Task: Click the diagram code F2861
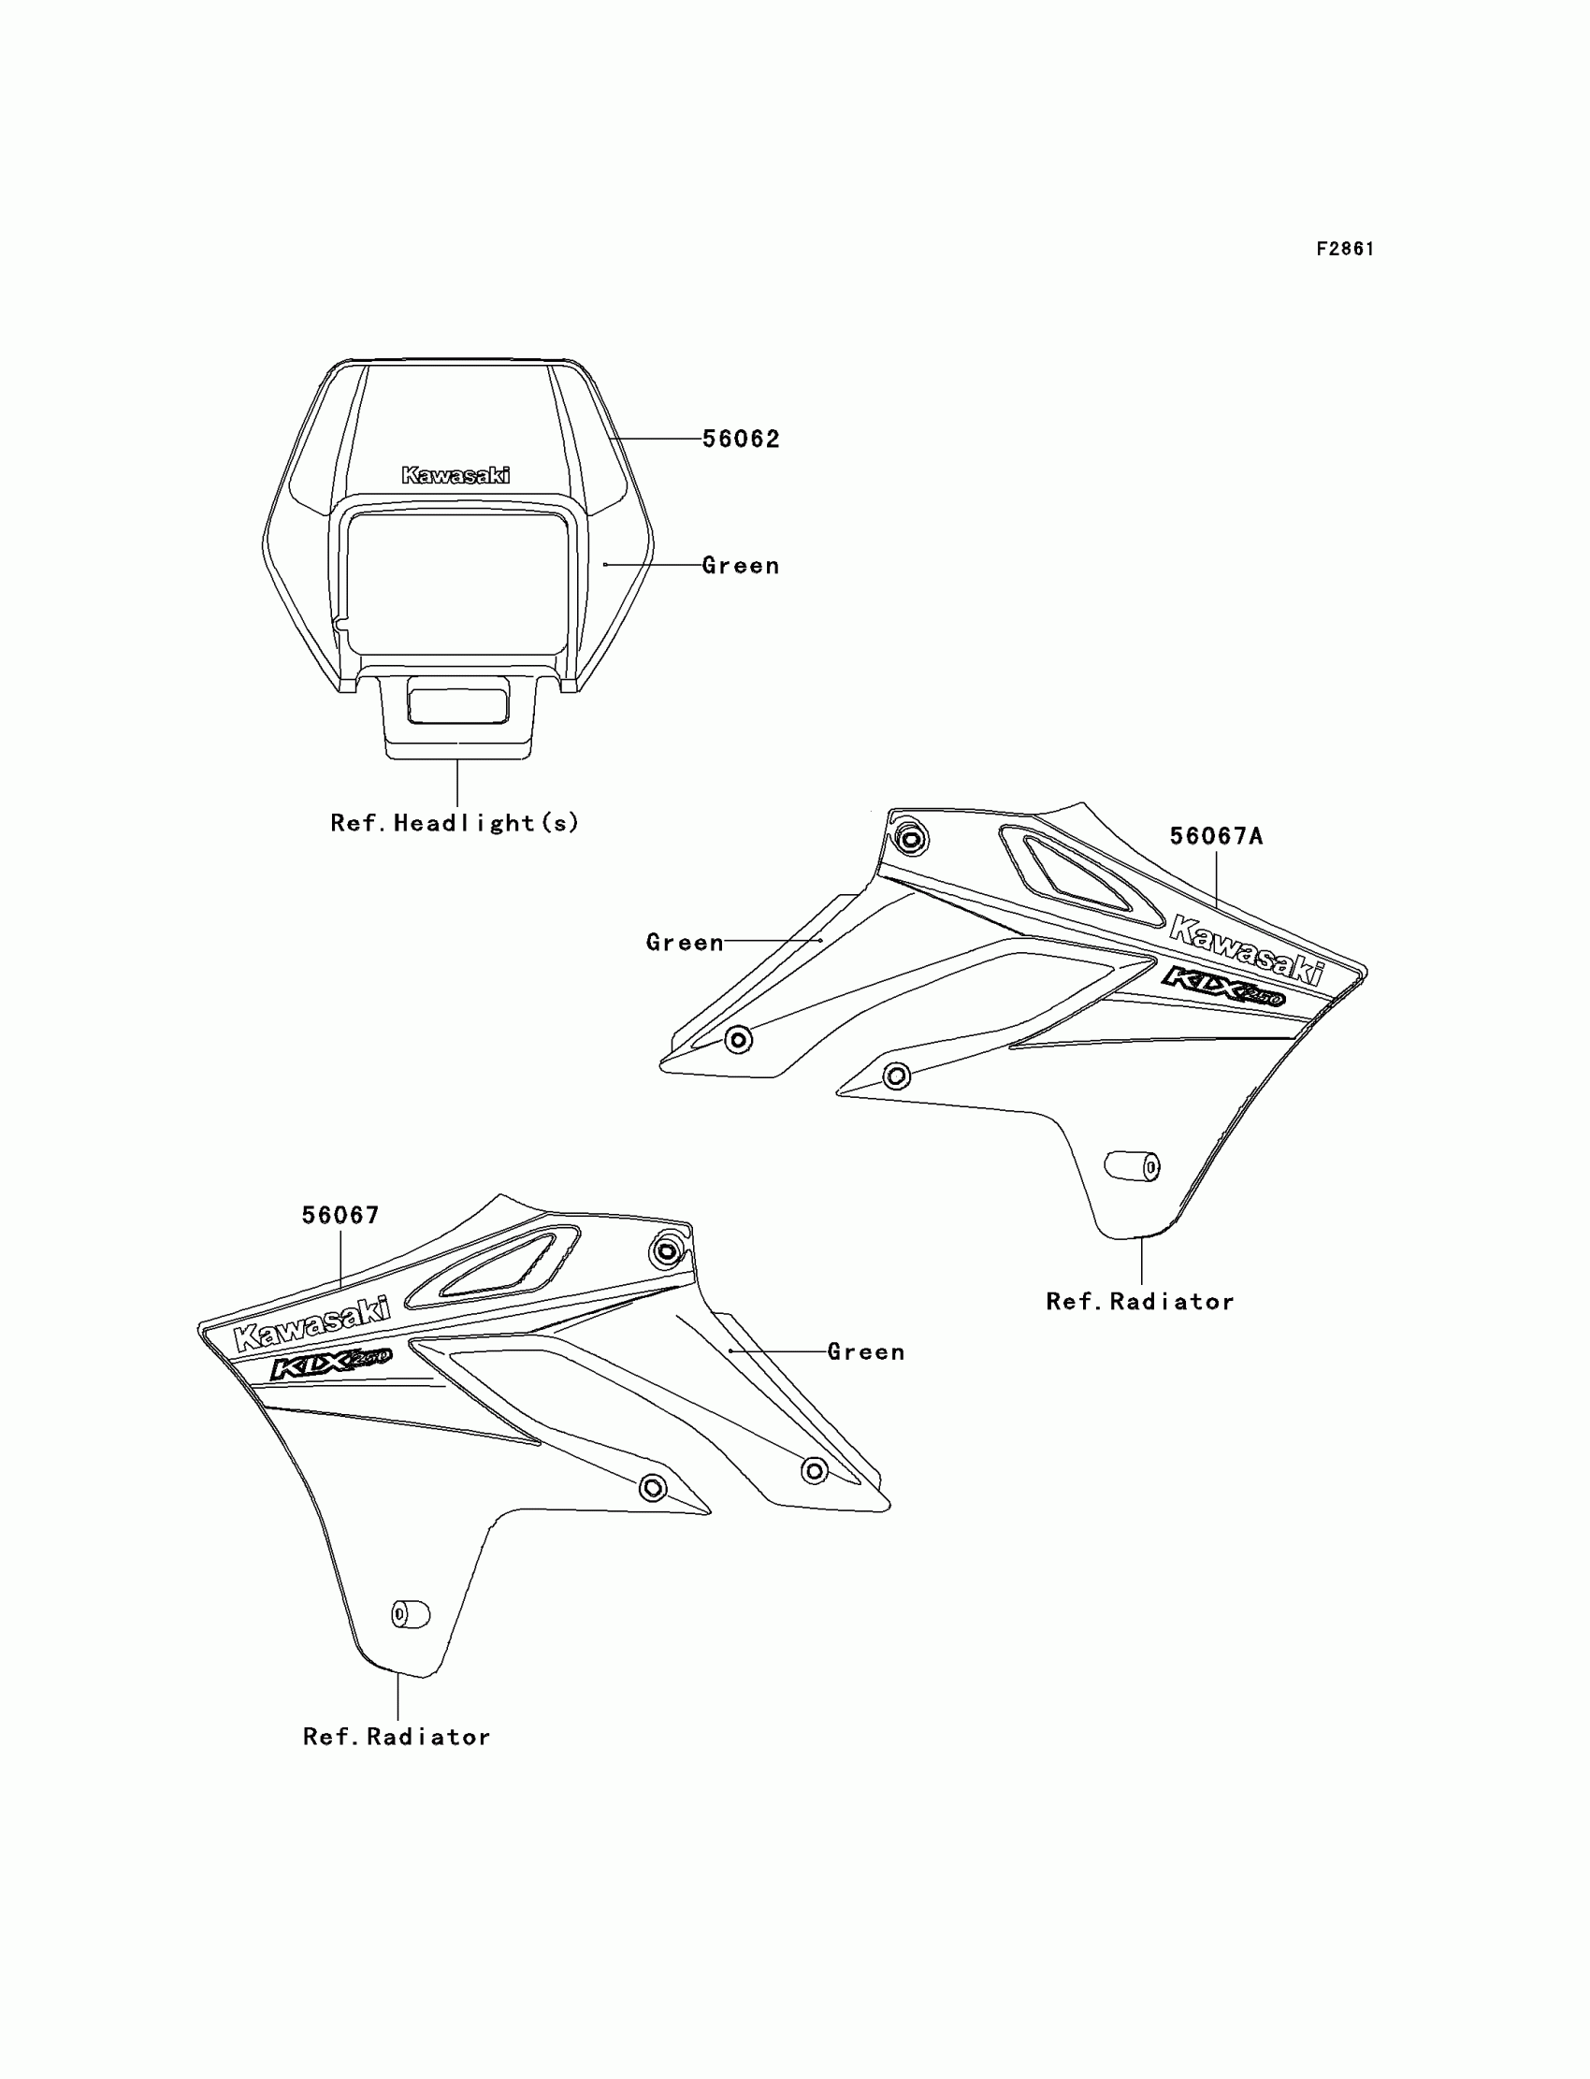coord(1344,249)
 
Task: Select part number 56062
coord(741,439)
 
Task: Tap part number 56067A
coord(1216,836)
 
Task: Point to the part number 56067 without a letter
coord(340,1215)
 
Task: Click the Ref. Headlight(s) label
coord(455,823)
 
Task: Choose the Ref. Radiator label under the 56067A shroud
coord(1139,1302)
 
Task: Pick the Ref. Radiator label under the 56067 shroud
coord(397,1738)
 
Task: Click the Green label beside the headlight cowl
coord(741,566)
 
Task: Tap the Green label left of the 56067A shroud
coord(685,943)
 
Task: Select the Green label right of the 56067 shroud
coord(866,1352)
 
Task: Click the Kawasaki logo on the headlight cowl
coord(455,475)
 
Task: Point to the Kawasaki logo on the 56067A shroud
coord(1247,949)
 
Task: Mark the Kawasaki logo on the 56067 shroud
coord(311,1324)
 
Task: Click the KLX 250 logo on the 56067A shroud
coord(1222,986)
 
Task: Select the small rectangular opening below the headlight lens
coord(457,706)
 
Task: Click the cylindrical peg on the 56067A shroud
coord(1133,1167)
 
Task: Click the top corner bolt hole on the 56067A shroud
coord(911,838)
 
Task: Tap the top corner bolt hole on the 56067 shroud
coord(666,1252)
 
